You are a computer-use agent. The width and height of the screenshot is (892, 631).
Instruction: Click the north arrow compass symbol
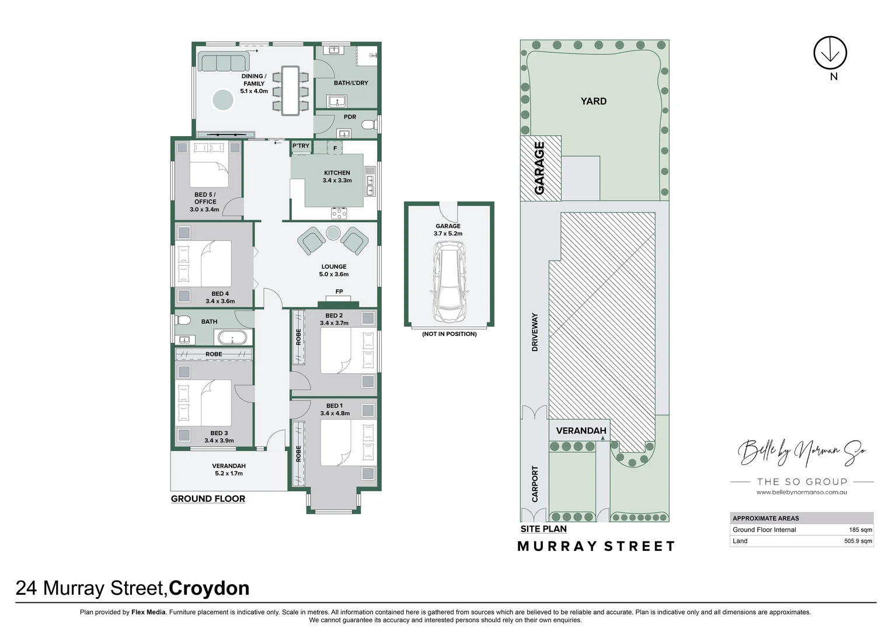(830, 53)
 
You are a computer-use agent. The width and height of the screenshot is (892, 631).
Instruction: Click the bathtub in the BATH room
(232, 338)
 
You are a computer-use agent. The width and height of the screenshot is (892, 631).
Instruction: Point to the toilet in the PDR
(368, 124)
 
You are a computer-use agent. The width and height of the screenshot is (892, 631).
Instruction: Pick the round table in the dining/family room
(222, 100)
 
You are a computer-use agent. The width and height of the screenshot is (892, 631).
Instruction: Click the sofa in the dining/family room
(223, 62)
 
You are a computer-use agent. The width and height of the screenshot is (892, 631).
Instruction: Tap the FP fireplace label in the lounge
(339, 292)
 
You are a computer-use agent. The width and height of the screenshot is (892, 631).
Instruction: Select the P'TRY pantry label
(301, 146)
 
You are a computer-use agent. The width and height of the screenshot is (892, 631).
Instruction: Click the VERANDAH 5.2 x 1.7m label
(228, 470)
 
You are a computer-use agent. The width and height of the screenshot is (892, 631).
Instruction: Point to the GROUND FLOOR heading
(208, 499)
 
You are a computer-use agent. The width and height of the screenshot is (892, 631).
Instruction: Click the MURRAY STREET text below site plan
(596, 546)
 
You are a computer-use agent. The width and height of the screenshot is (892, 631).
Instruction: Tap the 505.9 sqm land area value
(858, 541)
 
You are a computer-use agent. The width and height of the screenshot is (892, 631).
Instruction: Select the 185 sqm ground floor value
(860, 530)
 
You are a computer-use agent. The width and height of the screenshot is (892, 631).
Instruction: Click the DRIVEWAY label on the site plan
(535, 332)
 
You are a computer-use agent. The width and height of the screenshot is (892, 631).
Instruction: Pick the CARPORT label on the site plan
(535, 484)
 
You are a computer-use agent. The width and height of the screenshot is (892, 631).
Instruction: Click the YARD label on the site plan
(593, 101)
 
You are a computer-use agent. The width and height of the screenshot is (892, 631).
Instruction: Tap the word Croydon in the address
(209, 588)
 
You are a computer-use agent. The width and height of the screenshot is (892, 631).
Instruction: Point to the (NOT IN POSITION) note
(449, 334)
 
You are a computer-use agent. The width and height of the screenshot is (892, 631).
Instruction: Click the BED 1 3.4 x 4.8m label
(334, 410)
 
